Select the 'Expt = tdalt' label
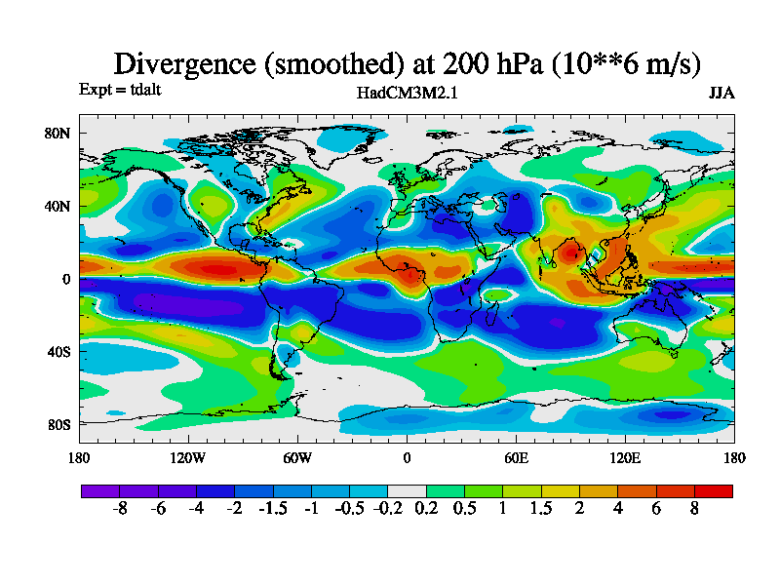point(119,90)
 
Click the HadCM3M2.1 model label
point(407,93)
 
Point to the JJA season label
point(721,93)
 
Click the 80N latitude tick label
point(58,134)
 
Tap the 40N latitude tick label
point(58,207)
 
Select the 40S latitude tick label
point(58,351)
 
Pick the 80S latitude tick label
point(58,424)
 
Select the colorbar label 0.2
point(426,509)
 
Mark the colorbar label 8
point(695,509)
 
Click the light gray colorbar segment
point(407,490)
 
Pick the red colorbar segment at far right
point(714,490)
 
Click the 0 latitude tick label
point(66,279)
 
